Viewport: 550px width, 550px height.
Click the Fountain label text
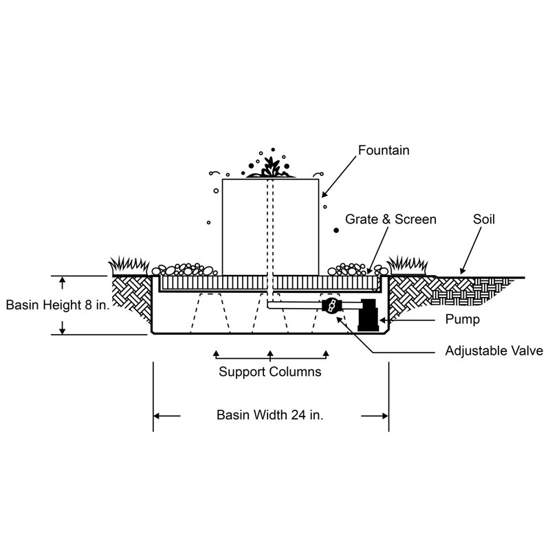(384, 151)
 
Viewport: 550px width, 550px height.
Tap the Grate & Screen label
(390, 219)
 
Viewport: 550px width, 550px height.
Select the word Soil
(484, 219)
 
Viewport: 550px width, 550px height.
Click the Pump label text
(462, 320)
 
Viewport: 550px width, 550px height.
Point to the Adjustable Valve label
(494, 351)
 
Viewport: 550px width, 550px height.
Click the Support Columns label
(270, 372)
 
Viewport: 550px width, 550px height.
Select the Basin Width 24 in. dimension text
(270, 415)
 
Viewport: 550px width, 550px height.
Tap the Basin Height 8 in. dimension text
(58, 305)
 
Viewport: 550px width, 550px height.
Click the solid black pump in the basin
(368, 315)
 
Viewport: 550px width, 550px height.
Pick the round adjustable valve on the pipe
(331, 305)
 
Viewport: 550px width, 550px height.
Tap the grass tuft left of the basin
(129, 265)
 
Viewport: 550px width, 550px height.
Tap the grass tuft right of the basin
(407, 265)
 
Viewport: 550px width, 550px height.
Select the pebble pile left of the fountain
(184, 269)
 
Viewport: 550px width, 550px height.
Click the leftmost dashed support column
(210, 313)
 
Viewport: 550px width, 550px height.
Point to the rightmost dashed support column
(331, 313)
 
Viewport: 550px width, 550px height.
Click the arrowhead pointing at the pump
(383, 320)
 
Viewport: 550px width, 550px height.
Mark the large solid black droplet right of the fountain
(336, 230)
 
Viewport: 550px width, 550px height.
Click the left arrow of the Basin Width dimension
(167, 416)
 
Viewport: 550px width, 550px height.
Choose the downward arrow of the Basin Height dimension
(63, 328)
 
